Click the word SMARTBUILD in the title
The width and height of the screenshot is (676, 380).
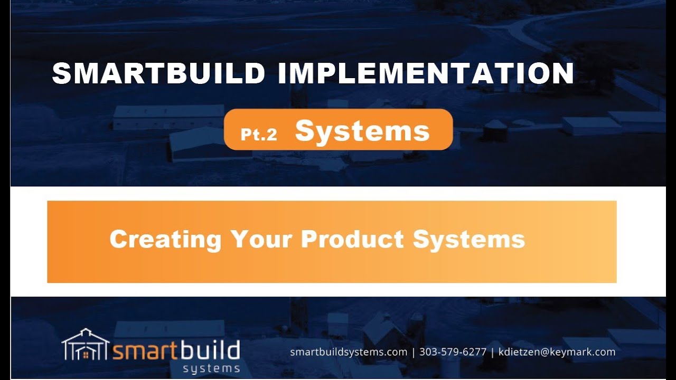[158, 73]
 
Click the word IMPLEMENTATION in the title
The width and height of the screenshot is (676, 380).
[425, 73]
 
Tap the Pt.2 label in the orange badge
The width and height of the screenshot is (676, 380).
[259, 135]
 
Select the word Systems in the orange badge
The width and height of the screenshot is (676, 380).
[362, 131]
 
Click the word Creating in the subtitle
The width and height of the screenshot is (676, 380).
[165, 239]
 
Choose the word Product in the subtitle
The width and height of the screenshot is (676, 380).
[353, 239]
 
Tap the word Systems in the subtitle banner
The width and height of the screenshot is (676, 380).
[469, 239]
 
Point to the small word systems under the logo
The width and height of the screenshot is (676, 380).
[211, 368]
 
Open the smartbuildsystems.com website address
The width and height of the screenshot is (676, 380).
[349, 352]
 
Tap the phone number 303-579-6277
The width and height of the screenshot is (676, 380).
[453, 352]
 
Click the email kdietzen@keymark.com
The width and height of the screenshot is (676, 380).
[557, 352]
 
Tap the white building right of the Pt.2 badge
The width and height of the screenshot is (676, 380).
[591, 126]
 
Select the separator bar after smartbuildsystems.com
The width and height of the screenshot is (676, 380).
[414, 352]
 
